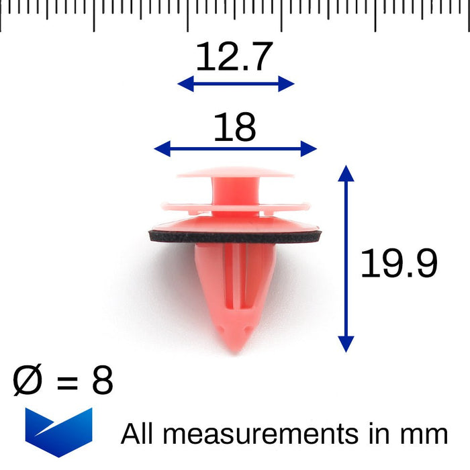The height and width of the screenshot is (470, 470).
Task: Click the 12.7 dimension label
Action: [234, 56]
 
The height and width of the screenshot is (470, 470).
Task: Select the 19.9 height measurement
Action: [399, 263]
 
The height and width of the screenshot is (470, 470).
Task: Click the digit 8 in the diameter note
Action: [103, 379]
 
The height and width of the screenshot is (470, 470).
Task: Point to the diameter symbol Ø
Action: [28, 379]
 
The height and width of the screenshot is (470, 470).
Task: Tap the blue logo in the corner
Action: [59, 432]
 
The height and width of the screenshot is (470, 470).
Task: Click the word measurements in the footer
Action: [261, 434]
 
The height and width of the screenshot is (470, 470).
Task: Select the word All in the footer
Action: [137, 433]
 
